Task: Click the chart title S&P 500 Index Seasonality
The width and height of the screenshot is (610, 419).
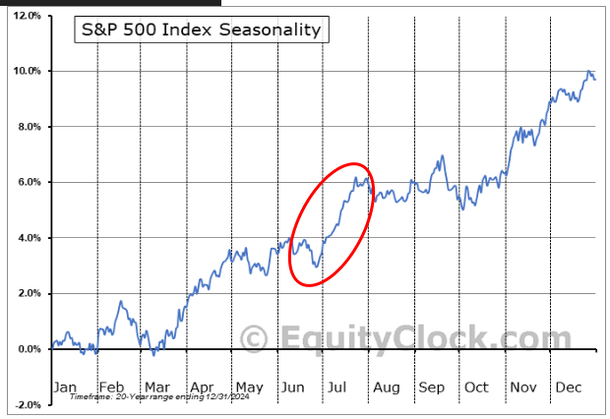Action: [201, 30]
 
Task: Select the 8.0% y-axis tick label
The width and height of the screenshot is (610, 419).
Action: [27, 127]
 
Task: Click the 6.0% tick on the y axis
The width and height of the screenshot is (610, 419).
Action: [27, 183]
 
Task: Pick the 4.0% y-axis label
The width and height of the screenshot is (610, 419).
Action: [27, 238]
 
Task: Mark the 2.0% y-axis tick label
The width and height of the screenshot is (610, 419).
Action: [27, 293]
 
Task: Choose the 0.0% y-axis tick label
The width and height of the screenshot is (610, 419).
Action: [27, 349]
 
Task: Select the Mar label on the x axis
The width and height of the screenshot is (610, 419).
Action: [156, 387]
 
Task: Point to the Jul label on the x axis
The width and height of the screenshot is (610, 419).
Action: [338, 387]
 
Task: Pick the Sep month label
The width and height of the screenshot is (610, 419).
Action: [431, 387]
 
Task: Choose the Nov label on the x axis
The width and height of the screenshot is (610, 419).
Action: [523, 387]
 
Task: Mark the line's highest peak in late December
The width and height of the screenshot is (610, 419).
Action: [589, 72]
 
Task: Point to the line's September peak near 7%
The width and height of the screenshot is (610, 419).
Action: [444, 155]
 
